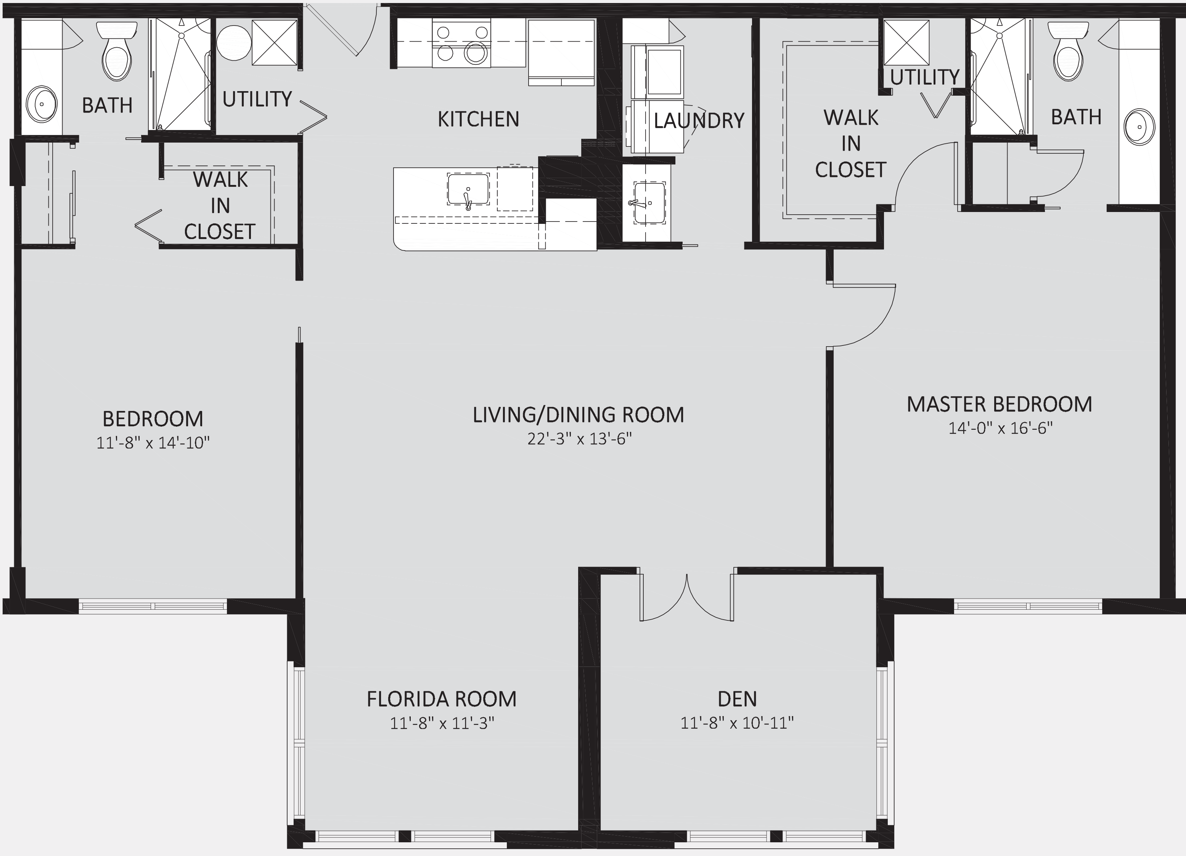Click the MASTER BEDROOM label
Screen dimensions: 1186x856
[999, 404]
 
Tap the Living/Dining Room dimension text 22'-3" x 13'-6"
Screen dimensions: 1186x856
[579, 439]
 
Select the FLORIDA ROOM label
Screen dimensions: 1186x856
[441, 699]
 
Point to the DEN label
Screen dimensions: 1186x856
[737, 699]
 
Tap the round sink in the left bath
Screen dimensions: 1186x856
[41, 104]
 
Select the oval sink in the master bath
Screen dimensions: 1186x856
[1140, 127]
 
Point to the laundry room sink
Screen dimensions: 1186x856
[649, 203]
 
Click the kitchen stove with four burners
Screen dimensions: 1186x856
[461, 43]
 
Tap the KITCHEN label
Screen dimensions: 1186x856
[479, 119]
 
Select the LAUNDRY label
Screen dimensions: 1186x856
[699, 121]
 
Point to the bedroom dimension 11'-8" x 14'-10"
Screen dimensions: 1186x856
[153, 443]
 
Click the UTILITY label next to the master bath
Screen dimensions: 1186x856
[924, 77]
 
